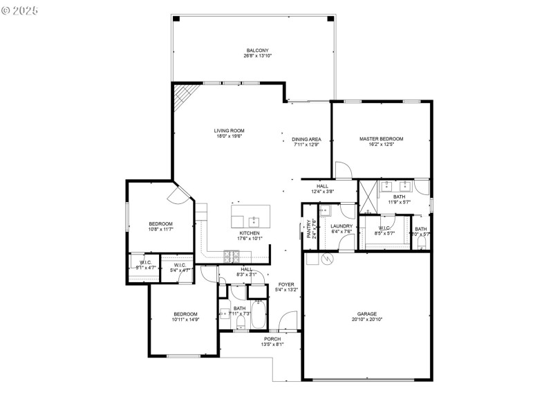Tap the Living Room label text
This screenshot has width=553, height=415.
coord(229,131)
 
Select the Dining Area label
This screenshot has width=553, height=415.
coord(306,139)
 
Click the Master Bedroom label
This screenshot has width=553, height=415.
coord(381,139)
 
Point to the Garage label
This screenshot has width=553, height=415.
coord(367,313)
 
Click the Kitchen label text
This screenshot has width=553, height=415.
coord(250,233)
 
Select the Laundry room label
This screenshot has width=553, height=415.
coord(341,226)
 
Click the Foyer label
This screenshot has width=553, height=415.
coord(286,284)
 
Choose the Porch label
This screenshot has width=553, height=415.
coord(272,339)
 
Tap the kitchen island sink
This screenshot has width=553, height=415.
coord(254,221)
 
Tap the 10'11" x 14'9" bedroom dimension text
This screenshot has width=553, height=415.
coord(185,320)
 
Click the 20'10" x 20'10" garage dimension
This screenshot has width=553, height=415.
coord(367,320)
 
